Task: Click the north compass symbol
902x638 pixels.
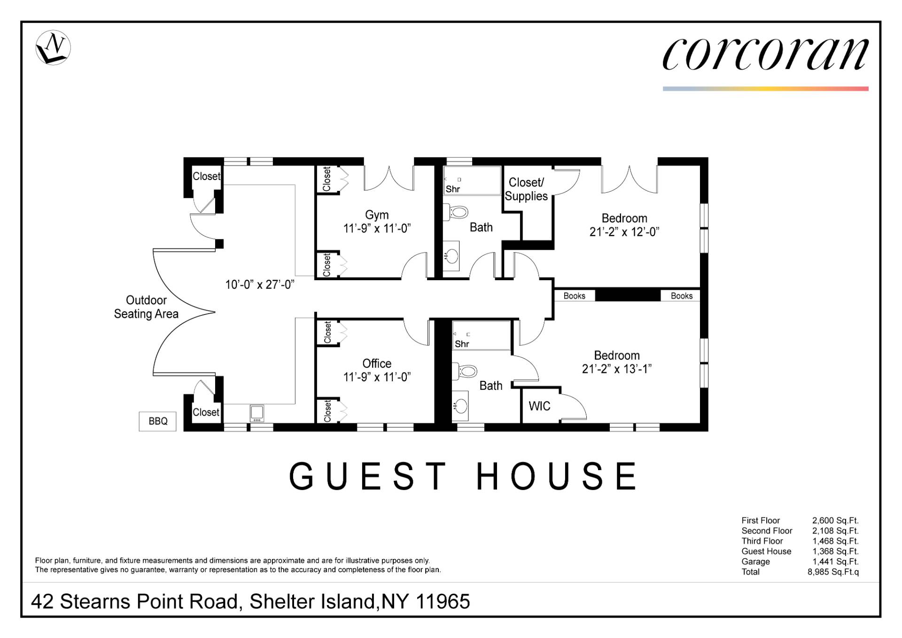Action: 53,47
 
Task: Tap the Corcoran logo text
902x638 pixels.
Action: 765,54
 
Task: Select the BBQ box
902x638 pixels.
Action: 158,421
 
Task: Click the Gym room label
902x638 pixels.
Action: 377,215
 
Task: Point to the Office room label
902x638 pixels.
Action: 377,363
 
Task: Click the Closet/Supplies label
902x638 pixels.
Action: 526,189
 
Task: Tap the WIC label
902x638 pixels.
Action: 539,406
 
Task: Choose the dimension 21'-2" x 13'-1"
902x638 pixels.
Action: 617,369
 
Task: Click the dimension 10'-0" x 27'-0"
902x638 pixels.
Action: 260,284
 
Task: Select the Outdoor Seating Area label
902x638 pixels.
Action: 146,307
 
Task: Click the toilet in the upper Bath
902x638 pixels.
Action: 456,213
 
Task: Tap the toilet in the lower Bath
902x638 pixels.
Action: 465,371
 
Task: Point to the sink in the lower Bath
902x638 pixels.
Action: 460,405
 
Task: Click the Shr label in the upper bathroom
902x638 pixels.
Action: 453,189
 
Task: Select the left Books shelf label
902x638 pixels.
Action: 575,296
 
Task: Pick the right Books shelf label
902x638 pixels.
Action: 682,296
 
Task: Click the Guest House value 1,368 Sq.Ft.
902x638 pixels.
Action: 835,551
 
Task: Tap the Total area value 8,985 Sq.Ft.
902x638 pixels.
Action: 833,572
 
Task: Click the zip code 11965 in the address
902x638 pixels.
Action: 443,601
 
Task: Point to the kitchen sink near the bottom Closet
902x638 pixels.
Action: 257,413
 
